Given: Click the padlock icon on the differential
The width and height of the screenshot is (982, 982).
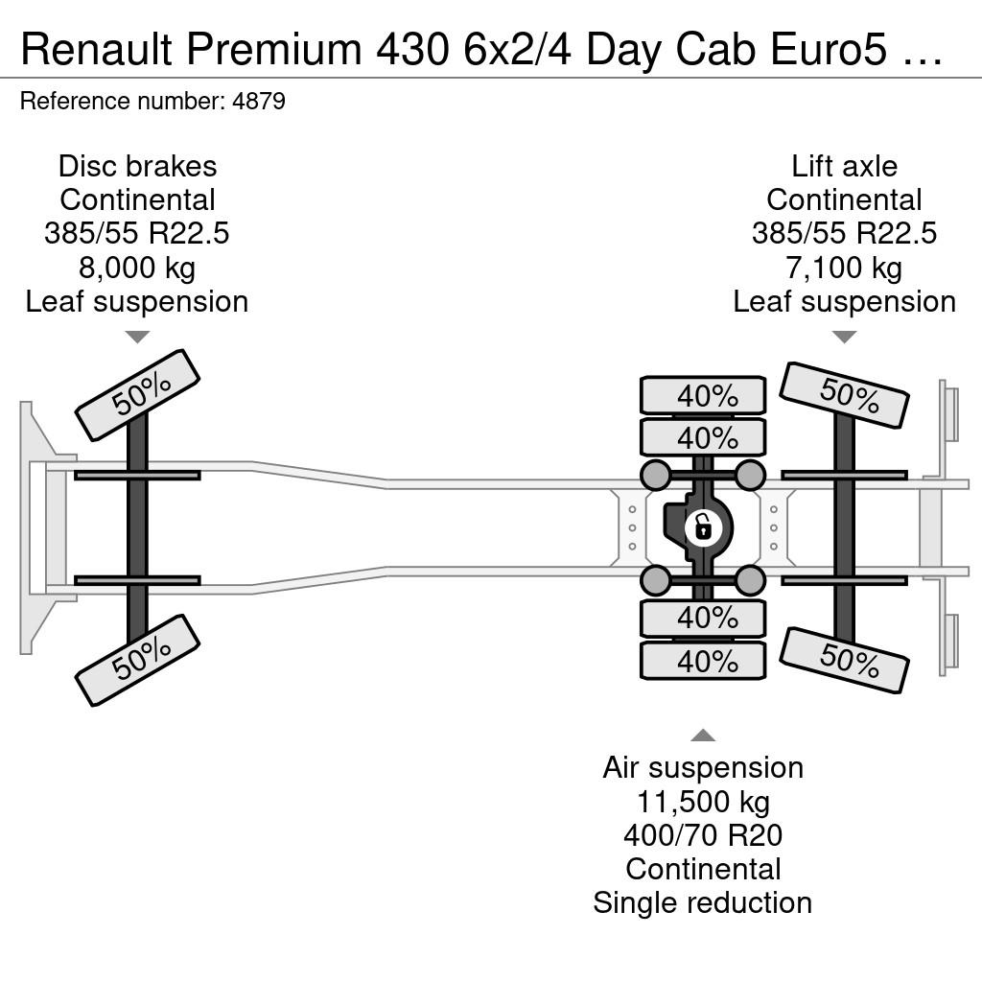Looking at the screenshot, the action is click(703, 527).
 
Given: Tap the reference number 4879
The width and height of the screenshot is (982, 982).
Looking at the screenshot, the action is click(259, 101).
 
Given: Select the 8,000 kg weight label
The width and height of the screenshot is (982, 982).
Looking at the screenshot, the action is click(137, 268).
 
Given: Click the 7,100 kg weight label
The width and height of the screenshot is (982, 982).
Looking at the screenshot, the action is click(844, 268).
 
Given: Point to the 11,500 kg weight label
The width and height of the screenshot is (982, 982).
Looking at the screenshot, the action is click(703, 802).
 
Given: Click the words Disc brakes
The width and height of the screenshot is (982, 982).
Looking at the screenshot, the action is click(138, 166).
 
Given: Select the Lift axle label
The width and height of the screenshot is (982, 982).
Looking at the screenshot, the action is click(844, 166).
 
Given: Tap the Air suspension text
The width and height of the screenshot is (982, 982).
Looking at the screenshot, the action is click(703, 768).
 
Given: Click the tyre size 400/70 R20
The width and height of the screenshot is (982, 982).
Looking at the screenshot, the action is click(703, 835).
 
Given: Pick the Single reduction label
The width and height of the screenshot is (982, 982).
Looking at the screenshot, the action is click(703, 903).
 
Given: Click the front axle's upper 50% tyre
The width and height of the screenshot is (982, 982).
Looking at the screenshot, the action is click(137, 395).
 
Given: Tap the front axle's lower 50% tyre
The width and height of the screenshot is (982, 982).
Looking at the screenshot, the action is click(137, 661).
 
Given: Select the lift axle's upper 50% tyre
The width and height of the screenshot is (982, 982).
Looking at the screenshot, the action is click(844, 395).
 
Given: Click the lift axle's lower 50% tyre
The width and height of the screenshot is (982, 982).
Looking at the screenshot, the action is click(844, 660).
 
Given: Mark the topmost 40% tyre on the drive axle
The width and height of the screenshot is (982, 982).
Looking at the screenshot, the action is click(703, 395).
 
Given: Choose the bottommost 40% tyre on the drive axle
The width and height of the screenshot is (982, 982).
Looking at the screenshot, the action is click(703, 661).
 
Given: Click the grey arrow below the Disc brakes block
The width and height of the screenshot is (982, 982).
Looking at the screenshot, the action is click(137, 337).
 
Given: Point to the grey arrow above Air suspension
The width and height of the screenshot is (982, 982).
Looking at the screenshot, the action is click(703, 736).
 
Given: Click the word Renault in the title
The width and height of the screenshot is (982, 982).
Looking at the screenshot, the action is click(97, 49).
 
